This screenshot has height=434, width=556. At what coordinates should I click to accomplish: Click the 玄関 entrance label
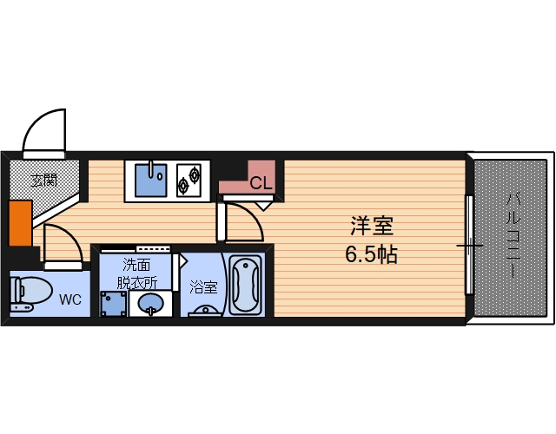[x=43, y=181]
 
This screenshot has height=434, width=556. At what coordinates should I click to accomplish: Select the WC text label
[x=70, y=300]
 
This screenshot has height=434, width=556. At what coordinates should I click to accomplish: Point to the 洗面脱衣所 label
[x=140, y=273]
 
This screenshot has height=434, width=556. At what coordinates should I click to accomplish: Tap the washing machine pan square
[x=113, y=304]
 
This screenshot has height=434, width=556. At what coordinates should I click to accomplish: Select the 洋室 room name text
[x=373, y=227]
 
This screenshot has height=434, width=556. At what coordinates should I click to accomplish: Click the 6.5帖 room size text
[x=373, y=256]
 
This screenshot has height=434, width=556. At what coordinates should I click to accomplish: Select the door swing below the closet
[x=244, y=222]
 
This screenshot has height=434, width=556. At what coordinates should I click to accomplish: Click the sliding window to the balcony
[x=470, y=246]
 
